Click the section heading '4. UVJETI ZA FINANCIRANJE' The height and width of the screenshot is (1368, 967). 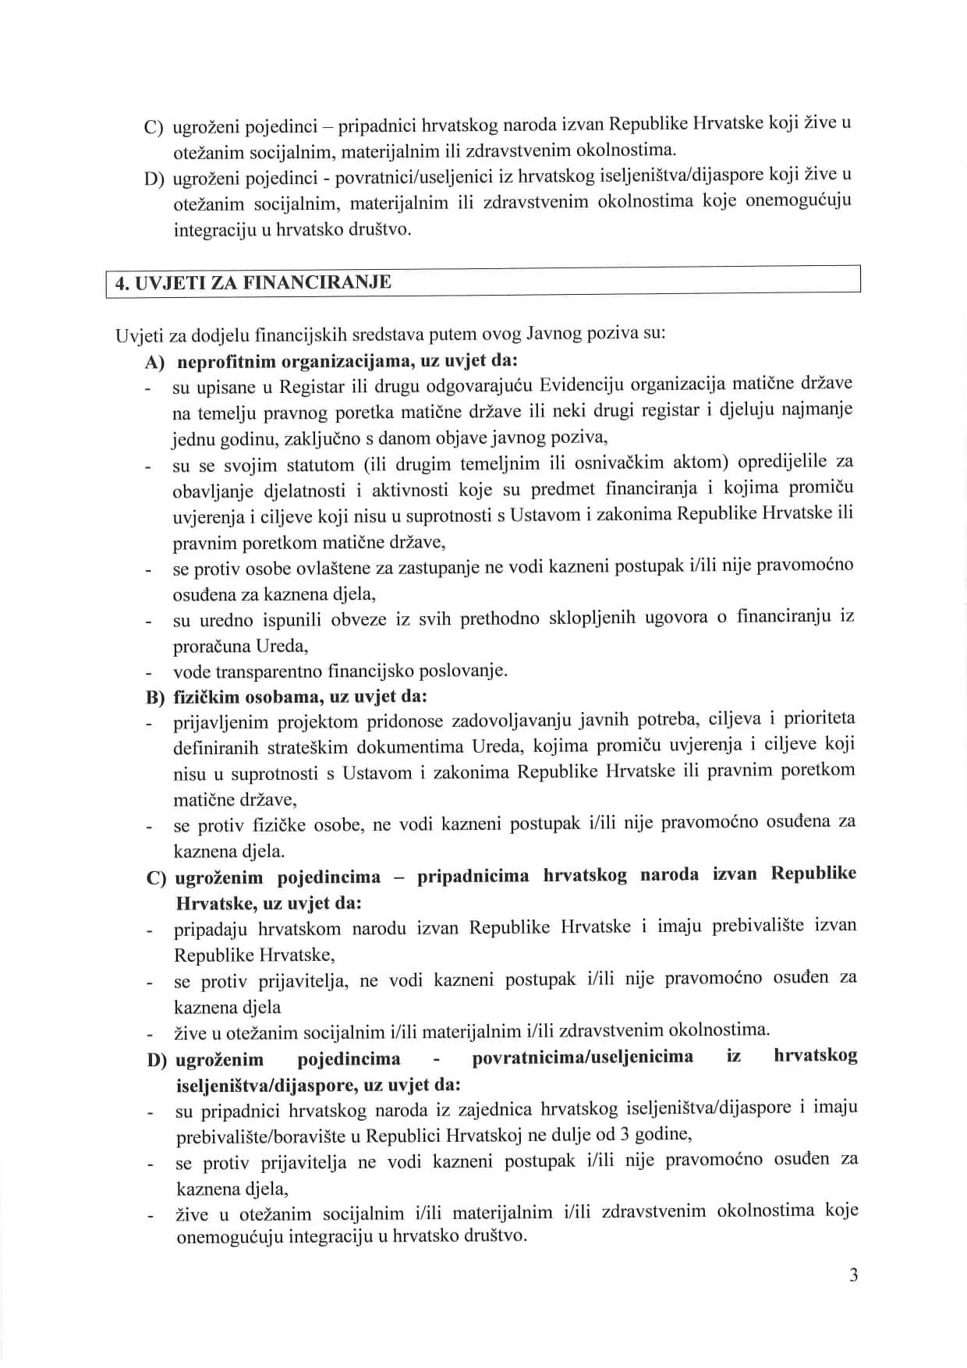[253, 282]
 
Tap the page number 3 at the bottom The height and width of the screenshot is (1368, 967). [853, 1275]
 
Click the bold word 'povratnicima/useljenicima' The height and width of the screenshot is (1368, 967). [583, 1058]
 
